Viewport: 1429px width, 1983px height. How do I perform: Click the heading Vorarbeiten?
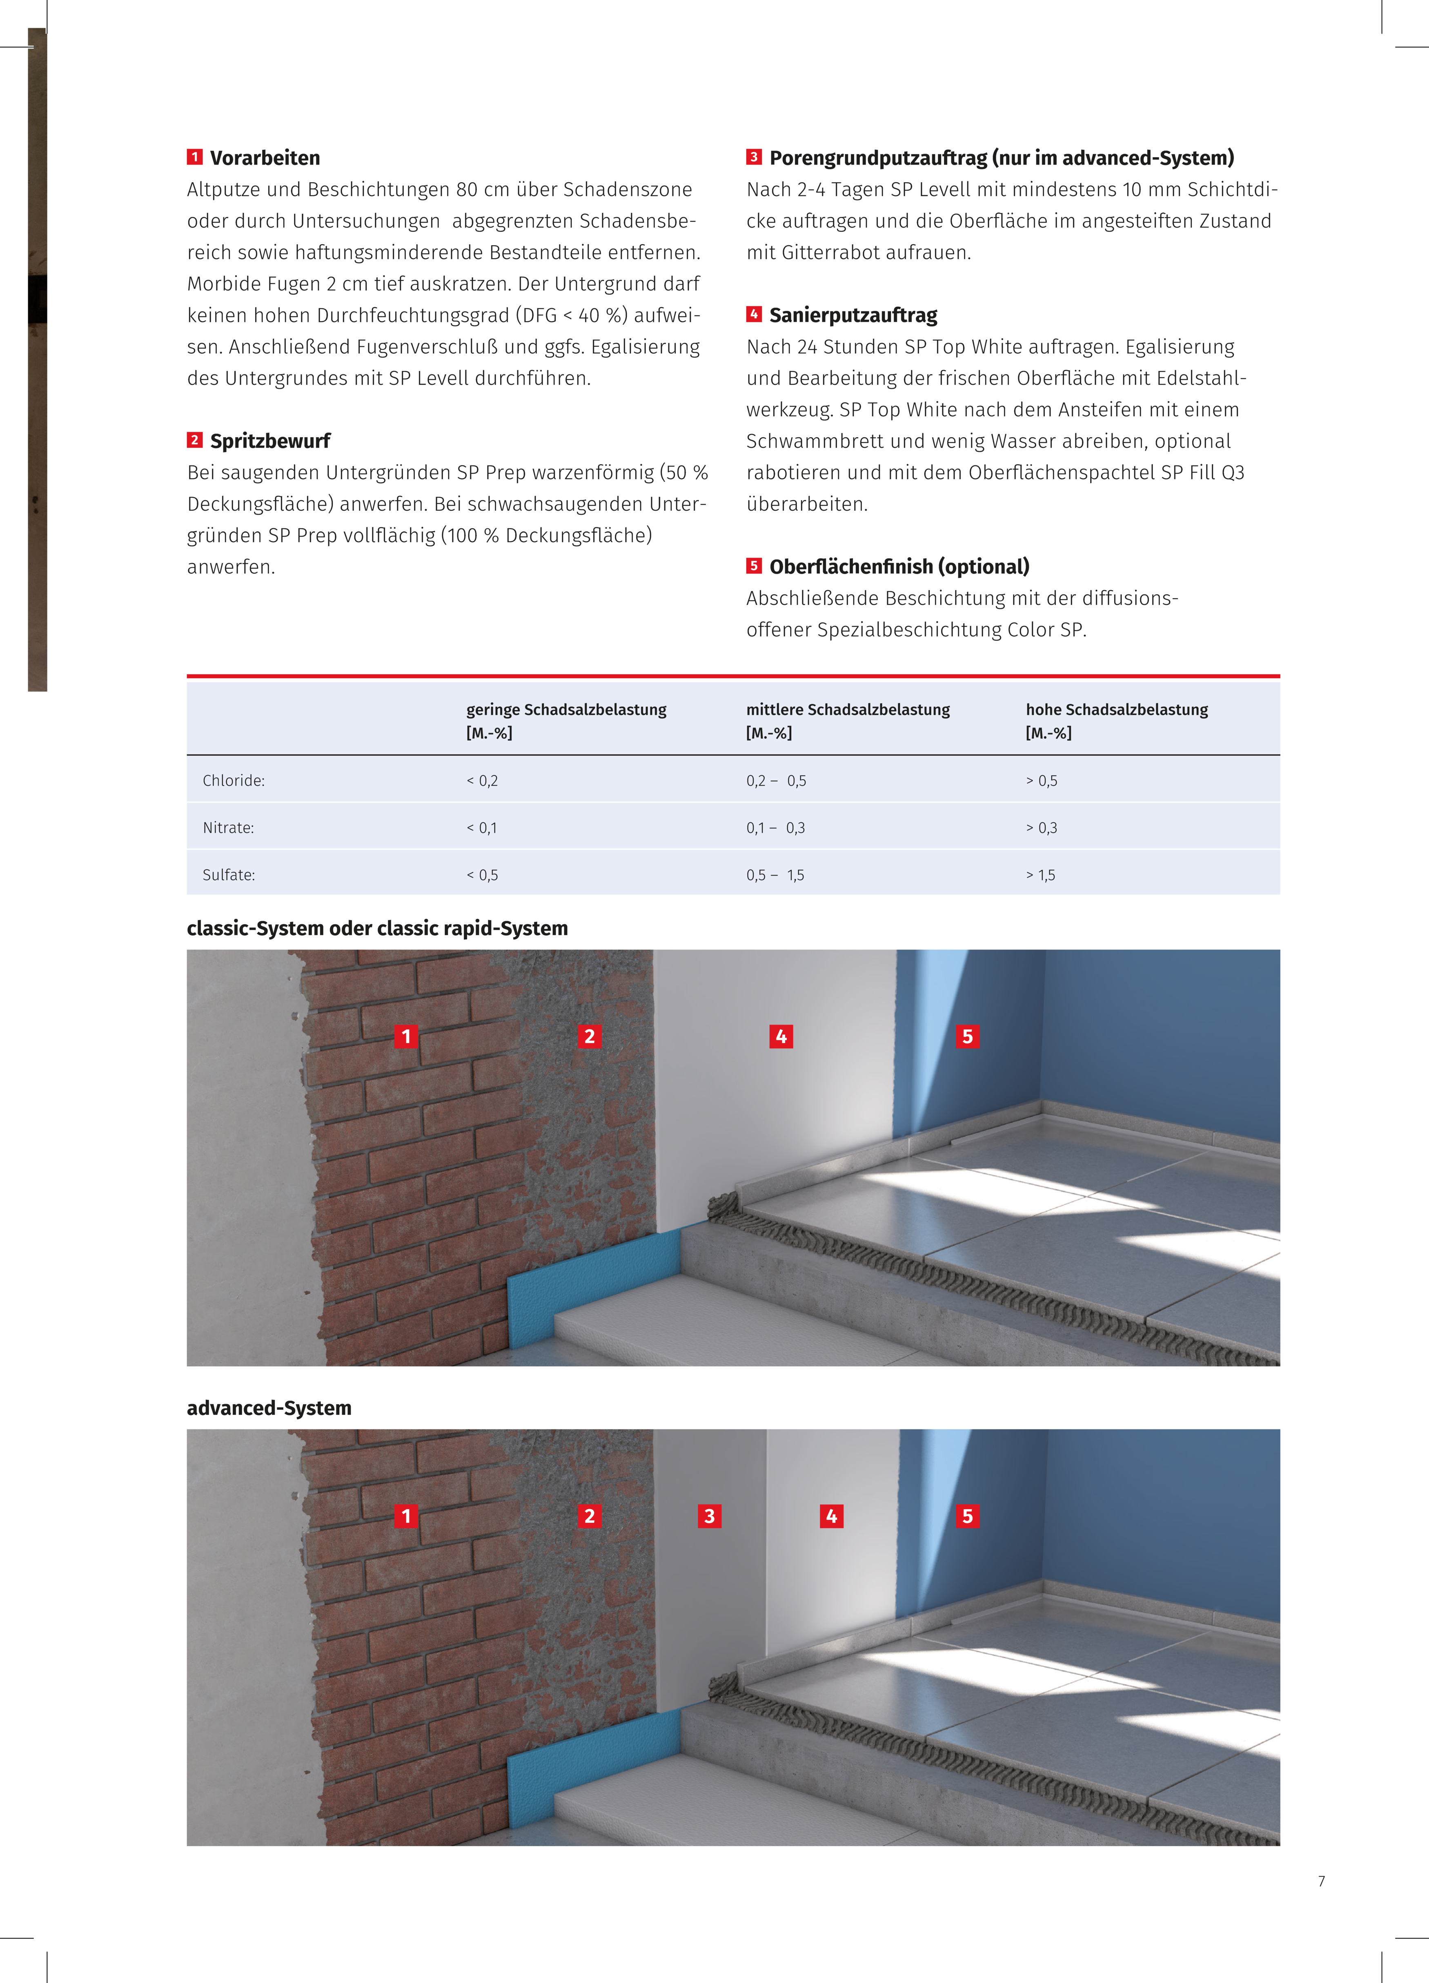tap(265, 158)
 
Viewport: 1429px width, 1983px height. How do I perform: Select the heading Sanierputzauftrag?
tap(853, 316)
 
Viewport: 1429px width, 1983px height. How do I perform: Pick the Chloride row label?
tap(234, 781)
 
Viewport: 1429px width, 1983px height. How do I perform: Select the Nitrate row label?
tap(228, 828)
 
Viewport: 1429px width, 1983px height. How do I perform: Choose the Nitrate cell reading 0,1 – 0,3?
tap(775, 828)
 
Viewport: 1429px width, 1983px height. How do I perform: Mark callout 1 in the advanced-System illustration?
tap(405, 1516)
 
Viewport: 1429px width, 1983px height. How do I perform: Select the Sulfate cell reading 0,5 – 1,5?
tap(775, 875)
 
